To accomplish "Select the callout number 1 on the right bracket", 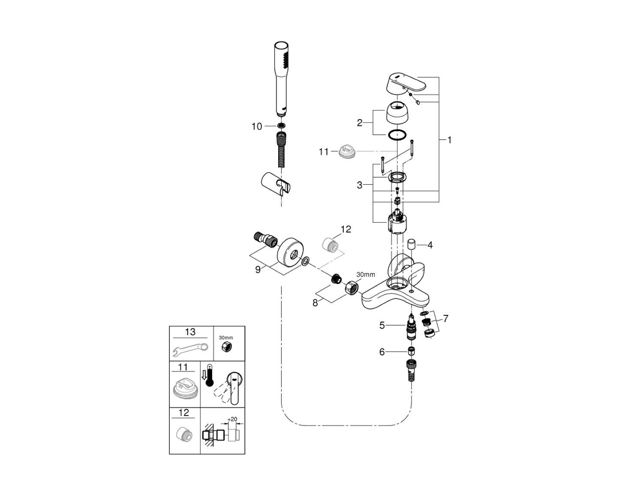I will click(x=449, y=140).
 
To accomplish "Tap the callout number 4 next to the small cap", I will click(x=430, y=245).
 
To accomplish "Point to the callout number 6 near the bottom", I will click(x=382, y=352).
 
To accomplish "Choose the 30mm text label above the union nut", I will click(x=366, y=274).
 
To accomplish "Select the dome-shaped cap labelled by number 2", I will click(x=398, y=112).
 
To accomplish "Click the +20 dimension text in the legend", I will click(x=232, y=419).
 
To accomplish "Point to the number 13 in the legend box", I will click(x=190, y=332).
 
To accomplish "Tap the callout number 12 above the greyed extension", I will click(x=346, y=230).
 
